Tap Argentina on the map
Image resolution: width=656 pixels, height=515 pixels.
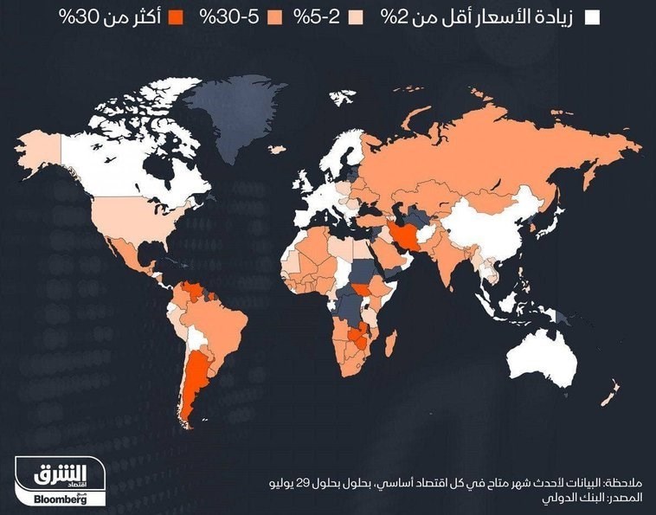198,381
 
